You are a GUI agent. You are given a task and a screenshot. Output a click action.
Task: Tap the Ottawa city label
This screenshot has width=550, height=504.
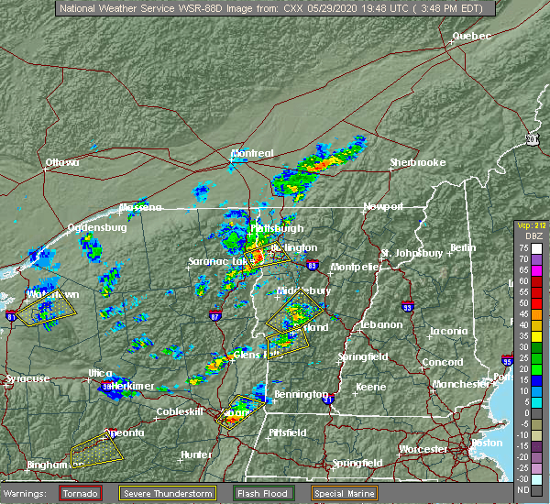(62, 163)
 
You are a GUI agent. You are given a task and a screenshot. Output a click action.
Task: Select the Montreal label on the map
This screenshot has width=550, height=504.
(252, 153)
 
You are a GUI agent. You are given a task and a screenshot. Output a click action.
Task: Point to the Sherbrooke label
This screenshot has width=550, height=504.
(417, 162)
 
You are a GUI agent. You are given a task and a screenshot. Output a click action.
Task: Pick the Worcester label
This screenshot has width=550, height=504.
(423, 449)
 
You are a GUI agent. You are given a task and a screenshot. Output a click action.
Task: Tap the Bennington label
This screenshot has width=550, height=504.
(301, 393)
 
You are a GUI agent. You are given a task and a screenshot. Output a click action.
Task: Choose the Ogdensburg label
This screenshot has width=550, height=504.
(96, 227)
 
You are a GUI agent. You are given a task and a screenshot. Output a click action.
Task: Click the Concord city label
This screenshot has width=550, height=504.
(442, 362)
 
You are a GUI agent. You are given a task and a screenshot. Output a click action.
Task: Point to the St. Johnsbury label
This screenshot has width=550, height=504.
(412, 252)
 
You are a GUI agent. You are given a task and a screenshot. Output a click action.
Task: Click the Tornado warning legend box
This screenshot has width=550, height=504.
(81, 493)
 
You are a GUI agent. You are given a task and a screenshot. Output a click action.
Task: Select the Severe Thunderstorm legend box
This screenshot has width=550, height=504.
(167, 493)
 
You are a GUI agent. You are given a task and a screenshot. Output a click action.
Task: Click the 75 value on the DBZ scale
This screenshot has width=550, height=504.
(522, 248)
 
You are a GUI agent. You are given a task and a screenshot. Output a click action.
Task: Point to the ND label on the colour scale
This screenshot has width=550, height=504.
(522, 490)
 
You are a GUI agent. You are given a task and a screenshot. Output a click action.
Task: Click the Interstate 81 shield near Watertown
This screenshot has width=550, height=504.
(12, 316)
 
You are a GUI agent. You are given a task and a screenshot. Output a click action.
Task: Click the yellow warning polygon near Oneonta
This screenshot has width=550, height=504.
(97, 449)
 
